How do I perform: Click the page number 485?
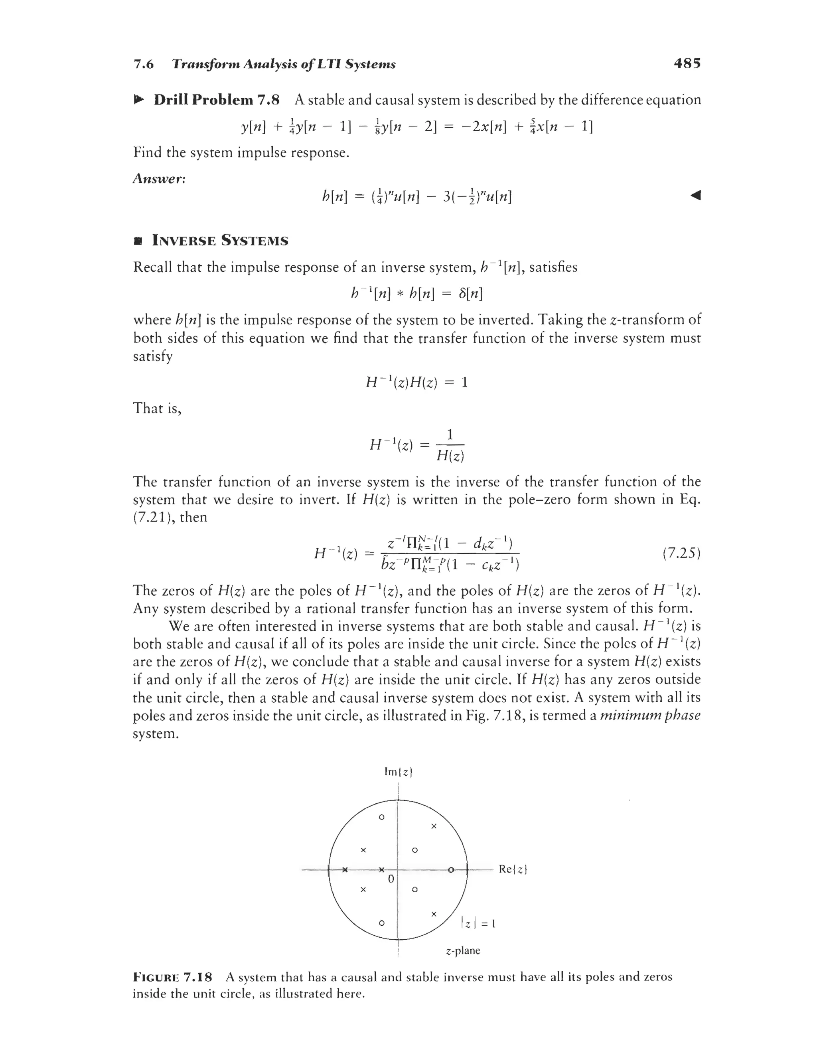pos(687,63)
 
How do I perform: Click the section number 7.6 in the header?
pos(143,64)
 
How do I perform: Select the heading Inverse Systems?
pos(220,241)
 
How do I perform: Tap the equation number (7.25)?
pos(681,553)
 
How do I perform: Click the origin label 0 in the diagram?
pos(391,878)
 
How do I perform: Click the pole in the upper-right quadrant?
pos(434,826)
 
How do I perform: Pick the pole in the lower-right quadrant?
pos(434,913)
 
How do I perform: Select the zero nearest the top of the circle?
pos(381,818)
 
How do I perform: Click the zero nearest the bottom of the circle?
pos(381,923)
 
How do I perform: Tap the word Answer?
pos(159,179)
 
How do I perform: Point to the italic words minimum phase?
pos(649,715)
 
